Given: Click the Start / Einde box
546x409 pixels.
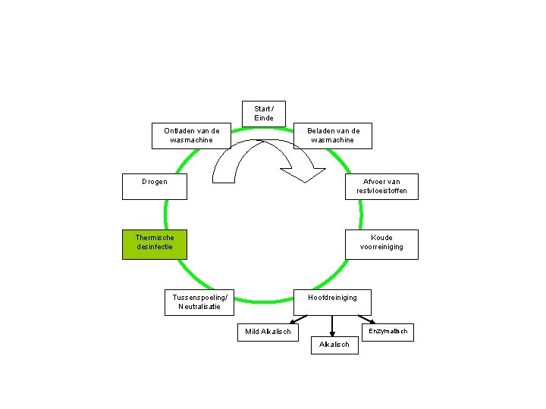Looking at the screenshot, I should (264, 114).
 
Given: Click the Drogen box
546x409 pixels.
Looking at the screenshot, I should (154, 186).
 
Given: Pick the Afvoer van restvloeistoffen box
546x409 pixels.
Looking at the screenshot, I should (381, 186).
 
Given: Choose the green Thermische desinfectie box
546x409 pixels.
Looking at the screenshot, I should (154, 244).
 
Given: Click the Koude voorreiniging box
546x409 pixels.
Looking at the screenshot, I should (381, 244).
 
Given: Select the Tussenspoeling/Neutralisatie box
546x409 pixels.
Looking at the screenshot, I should (199, 302).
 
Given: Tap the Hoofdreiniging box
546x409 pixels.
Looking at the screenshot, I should (332, 301).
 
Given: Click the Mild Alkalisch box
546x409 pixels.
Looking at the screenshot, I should (268, 332).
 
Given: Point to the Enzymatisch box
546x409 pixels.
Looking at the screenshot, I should (388, 332).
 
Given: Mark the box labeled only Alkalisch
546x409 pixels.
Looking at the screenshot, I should (334, 345).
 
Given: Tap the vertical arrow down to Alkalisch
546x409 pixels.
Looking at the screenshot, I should (332, 325).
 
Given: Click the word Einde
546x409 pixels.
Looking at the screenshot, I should (264, 118).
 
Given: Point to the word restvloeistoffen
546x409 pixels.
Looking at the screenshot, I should (381, 191).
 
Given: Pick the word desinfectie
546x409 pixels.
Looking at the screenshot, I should (155, 247).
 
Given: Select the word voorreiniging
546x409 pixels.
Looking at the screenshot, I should (381, 247).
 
